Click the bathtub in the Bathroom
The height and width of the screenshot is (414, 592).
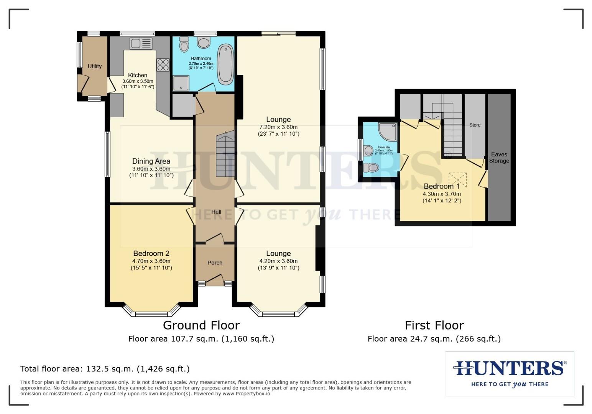[x=225, y=64]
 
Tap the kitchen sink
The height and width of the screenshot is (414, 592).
[x=141, y=44]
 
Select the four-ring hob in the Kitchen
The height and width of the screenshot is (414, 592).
[x=163, y=64]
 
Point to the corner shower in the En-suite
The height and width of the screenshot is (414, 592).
[x=387, y=131]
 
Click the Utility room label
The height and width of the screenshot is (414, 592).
[x=95, y=66]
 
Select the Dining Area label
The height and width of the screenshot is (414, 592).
[x=151, y=161]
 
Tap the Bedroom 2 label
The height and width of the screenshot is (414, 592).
[x=151, y=253]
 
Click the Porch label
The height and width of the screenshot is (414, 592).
[x=215, y=263]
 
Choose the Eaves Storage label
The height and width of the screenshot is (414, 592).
[x=499, y=158]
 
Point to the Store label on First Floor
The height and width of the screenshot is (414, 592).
[x=475, y=125]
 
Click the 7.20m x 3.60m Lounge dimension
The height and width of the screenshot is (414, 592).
[x=278, y=127]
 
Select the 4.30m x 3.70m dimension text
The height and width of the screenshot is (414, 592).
[x=442, y=194]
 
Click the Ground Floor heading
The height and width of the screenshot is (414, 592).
[x=201, y=325]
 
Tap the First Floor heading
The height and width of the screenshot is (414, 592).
[x=434, y=325]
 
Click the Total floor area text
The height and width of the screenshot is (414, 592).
[x=105, y=369]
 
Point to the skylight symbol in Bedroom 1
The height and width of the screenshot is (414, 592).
[x=458, y=179]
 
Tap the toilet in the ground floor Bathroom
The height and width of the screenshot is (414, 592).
[x=184, y=44]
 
